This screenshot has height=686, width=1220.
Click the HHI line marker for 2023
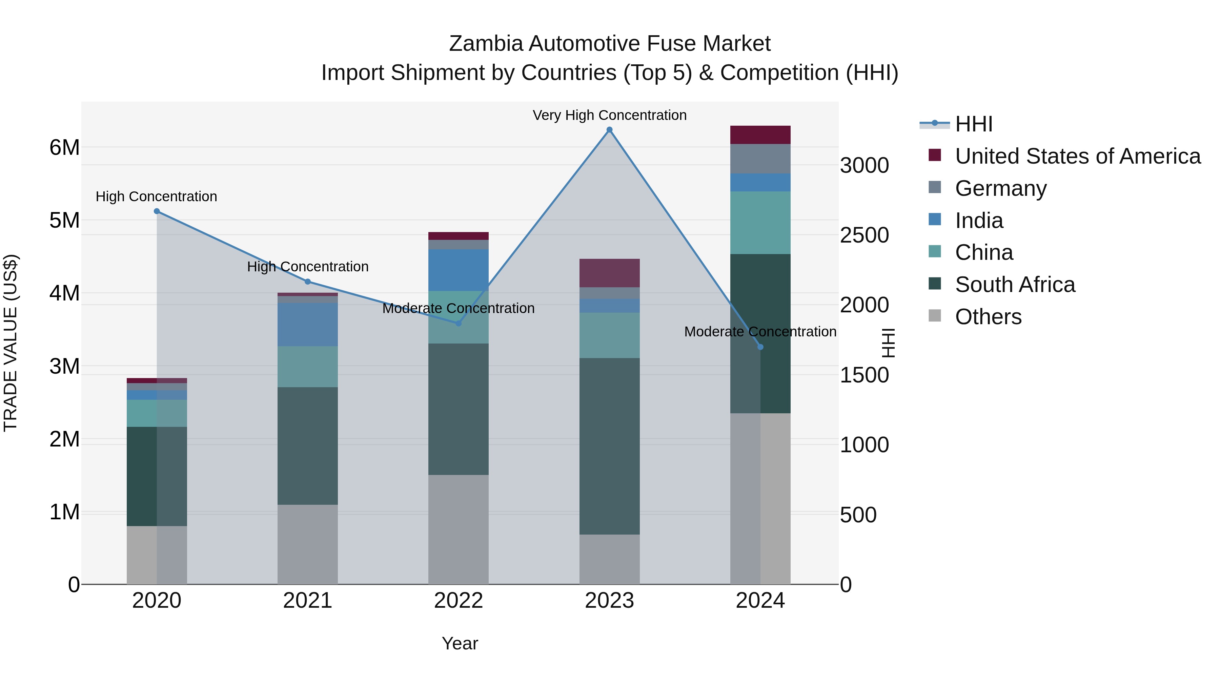pos(610,130)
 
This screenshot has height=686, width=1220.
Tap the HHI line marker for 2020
pos(157,211)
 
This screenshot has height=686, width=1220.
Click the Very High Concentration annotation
pos(610,115)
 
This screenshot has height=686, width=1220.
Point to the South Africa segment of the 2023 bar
pos(610,446)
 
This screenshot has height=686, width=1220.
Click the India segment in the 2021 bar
pos(307,324)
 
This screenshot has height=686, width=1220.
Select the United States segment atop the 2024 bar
pos(760,135)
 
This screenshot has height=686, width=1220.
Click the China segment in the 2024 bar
pos(760,223)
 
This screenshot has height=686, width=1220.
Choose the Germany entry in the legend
pos(1001,188)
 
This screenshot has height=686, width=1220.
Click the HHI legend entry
pos(974,124)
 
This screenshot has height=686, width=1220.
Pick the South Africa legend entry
pos(1015,285)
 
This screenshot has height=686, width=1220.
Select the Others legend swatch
pos(935,316)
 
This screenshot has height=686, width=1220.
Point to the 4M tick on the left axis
pos(64,293)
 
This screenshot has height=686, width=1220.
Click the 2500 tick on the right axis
pos(864,235)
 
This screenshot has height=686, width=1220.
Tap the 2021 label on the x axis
pos(307,601)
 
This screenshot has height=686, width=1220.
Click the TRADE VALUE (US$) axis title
pos(11,343)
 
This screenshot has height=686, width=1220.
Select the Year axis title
pos(460,643)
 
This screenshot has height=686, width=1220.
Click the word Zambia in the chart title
pos(486,44)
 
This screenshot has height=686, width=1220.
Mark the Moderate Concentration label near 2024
pos(760,332)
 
